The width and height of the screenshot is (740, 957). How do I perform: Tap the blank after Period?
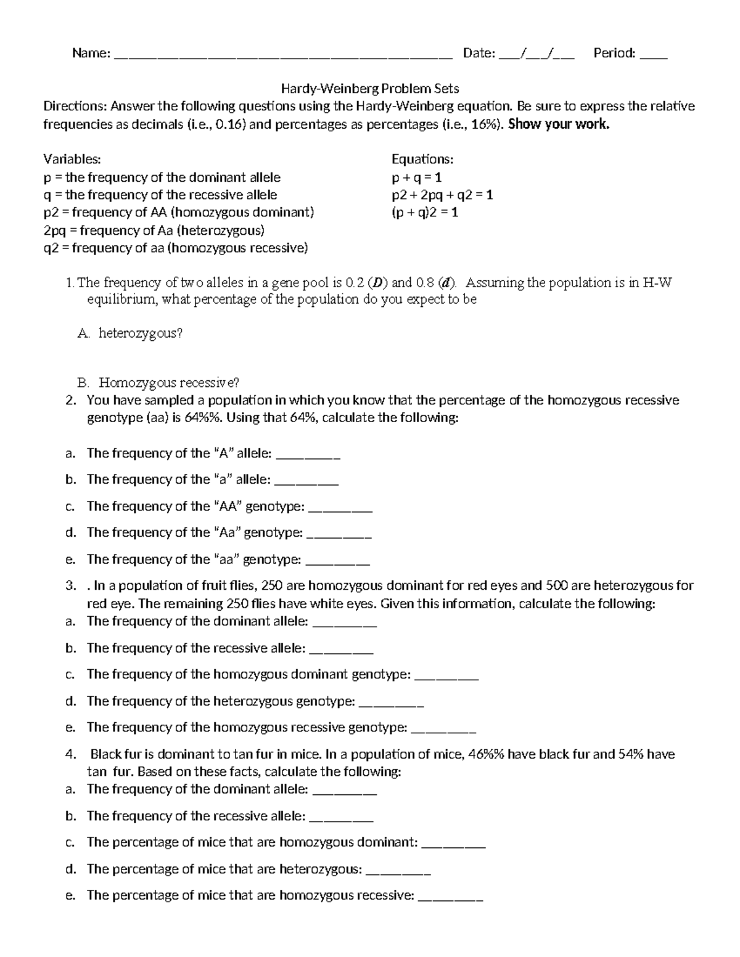tap(654, 55)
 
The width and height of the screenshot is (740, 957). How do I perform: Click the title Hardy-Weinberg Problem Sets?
tap(370, 89)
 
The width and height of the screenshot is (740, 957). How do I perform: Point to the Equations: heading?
tap(422, 160)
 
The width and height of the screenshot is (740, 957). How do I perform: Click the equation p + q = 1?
tap(417, 178)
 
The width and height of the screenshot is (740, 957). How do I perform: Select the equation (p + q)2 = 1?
tap(425, 213)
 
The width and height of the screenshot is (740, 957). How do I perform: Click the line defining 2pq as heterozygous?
tap(154, 230)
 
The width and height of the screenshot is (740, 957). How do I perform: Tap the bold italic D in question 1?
tap(376, 283)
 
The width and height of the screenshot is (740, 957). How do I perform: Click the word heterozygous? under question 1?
tap(141, 333)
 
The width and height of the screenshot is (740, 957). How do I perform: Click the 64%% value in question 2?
tap(210, 418)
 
